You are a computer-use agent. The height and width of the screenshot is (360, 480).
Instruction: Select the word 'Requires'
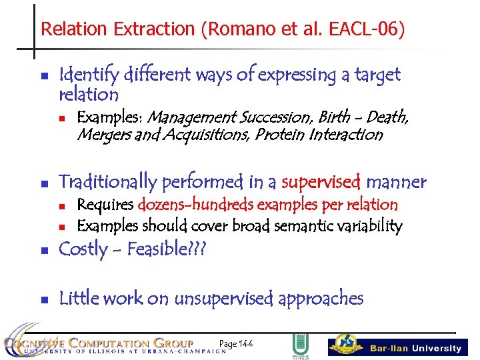pos(106,205)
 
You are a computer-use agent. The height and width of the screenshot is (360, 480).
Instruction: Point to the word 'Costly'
pos(83,249)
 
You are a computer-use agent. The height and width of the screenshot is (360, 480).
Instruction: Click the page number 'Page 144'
pos(236,343)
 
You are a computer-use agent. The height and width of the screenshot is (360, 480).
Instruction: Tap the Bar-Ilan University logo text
pos(413,348)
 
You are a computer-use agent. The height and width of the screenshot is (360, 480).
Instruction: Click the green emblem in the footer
pos(299,346)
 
